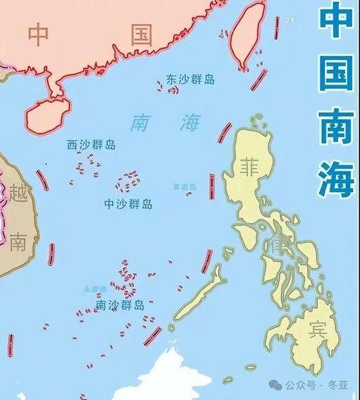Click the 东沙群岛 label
[x=190, y=79]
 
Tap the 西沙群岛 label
[x=91, y=145]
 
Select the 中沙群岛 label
[x=127, y=204]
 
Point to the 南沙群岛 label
[x=119, y=305]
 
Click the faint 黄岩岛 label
[x=185, y=187]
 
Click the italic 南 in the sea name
[x=140, y=123]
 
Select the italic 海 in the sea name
[x=189, y=123]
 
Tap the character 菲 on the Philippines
[x=250, y=167]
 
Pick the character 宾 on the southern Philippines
[x=318, y=331]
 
